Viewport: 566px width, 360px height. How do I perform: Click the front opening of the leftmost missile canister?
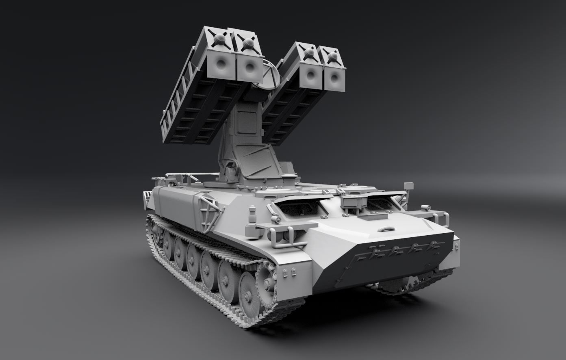point(221,64)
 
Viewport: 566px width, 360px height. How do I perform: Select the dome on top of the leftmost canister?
point(219,39)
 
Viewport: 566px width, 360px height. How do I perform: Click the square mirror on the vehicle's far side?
point(408,186)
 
